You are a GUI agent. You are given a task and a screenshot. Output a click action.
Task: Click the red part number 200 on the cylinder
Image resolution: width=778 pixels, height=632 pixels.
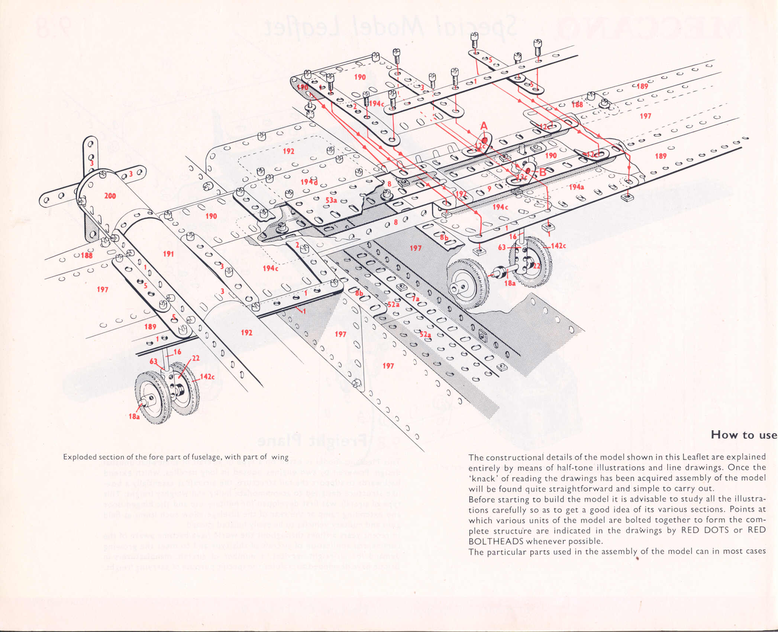(x=110, y=196)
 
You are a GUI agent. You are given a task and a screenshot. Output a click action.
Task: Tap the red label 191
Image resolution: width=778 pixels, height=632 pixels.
(x=168, y=254)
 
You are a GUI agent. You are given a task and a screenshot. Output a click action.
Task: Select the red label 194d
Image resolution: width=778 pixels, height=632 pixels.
(x=309, y=182)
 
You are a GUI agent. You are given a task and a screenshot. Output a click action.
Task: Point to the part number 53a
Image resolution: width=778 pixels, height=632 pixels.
(x=331, y=200)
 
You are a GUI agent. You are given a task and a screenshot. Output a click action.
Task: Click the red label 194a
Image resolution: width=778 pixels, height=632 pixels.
(x=576, y=187)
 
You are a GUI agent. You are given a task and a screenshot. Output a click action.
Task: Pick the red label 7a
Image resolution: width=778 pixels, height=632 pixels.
(x=415, y=298)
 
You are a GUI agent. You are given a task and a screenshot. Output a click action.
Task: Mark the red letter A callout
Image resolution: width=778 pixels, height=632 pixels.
(x=484, y=126)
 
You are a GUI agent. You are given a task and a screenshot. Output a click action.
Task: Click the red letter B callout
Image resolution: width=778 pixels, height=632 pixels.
(x=543, y=172)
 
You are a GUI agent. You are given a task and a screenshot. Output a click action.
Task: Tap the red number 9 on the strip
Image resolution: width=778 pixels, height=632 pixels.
(x=489, y=189)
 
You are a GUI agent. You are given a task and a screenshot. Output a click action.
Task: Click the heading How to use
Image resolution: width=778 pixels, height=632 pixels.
(x=743, y=435)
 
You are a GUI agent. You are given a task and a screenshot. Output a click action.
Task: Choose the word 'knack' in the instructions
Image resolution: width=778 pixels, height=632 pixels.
(x=485, y=478)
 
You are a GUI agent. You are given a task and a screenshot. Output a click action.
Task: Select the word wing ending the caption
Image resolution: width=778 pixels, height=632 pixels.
(x=280, y=457)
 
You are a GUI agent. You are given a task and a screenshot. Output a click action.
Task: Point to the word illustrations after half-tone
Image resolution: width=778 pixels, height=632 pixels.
(x=585, y=468)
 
